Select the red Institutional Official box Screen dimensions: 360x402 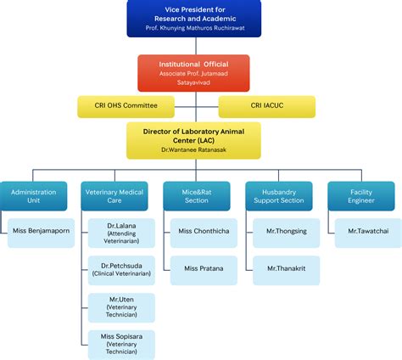(194, 73)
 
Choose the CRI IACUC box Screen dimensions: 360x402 (267, 107)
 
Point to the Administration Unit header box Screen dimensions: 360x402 (33, 197)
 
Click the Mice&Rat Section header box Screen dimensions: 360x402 (198, 197)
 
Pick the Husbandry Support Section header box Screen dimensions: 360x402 (279, 197)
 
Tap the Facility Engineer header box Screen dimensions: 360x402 (361, 197)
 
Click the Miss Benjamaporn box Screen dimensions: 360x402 (42, 230)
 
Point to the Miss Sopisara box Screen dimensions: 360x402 (122, 343)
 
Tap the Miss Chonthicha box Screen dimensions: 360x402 (204, 230)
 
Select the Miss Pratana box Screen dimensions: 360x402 (204, 268)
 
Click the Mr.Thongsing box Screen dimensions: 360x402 (286, 230)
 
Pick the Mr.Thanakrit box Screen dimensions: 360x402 (286, 268)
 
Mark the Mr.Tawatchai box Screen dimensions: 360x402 (367, 230)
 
